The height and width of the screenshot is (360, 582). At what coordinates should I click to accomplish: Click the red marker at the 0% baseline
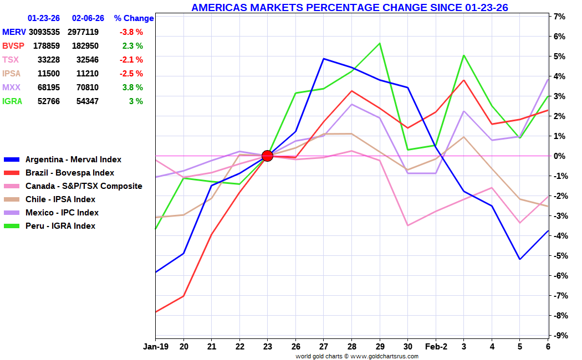pyautogui.click(x=267, y=156)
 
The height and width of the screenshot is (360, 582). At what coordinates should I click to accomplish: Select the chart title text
pyautogui.click(x=349, y=7)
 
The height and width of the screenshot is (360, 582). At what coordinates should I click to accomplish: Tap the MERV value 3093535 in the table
pyautogui.click(x=44, y=32)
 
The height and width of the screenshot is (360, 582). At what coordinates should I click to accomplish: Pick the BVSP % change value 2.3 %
pyautogui.click(x=132, y=46)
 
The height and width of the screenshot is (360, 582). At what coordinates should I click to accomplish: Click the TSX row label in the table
pyautogui.click(x=10, y=60)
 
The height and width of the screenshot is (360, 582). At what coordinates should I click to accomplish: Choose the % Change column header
pyautogui.click(x=134, y=18)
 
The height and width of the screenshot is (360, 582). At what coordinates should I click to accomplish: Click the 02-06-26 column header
pyautogui.click(x=88, y=18)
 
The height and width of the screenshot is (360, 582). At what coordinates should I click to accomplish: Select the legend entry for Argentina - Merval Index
pyautogui.click(x=73, y=160)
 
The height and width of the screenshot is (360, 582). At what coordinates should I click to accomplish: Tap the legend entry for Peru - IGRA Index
pyautogui.click(x=60, y=226)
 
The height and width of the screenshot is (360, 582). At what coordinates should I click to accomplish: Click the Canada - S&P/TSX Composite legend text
pyautogui.click(x=84, y=186)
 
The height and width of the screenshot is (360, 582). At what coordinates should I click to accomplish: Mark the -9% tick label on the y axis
pyautogui.click(x=558, y=335)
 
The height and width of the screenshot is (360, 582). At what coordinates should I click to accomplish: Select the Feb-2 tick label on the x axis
pyautogui.click(x=436, y=347)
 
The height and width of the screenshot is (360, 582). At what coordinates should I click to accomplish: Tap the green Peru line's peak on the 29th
pyautogui.click(x=380, y=43)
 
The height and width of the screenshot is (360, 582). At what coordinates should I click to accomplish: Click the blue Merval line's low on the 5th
pyautogui.click(x=520, y=259)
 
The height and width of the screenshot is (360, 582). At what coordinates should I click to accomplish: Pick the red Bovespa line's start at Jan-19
pyautogui.click(x=156, y=312)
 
